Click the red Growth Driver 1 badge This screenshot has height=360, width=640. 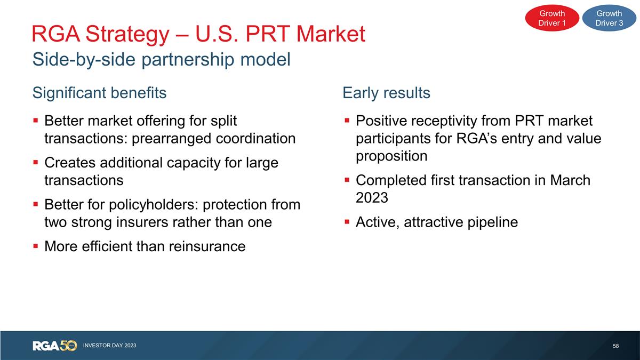coord(552,18)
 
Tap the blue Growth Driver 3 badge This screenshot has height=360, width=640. coord(609,18)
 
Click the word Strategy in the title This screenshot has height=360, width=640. coord(133,35)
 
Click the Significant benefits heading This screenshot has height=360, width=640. coord(99,93)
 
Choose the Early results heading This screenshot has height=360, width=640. coord(386,93)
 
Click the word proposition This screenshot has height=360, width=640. coord(391,156)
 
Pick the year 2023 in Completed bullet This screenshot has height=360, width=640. coord(372,198)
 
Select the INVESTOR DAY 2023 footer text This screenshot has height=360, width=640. coord(109,346)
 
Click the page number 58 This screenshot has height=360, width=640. coord(616,346)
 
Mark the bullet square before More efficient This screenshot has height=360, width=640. coord(35,246)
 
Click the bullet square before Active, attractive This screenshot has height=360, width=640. coord(347,222)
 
